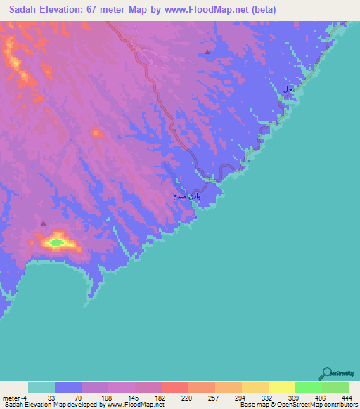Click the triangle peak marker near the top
coord(207,52)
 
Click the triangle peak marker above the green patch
coord(44,223)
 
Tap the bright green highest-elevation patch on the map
coord(56,243)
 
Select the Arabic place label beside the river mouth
coord(187,197)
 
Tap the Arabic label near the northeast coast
coord(287,91)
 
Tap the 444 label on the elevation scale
coord(346,397)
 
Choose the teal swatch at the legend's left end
coord(41,387)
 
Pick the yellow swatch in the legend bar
coord(281,387)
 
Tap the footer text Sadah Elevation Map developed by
coord(53,405)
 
